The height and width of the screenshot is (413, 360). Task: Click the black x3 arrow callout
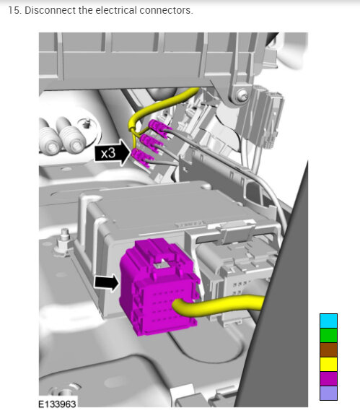(x=113, y=152)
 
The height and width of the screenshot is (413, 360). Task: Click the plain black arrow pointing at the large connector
(x=107, y=282)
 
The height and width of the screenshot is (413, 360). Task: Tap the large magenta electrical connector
(x=159, y=287)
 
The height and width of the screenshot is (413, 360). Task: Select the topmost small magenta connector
(x=159, y=128)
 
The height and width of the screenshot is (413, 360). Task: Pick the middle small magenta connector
(x=152, y=142)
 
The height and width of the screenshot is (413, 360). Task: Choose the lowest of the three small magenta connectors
(x=143, y=158)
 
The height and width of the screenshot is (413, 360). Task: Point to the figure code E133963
(x=57, y=404)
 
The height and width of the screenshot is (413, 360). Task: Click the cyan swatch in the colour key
(x=328, y=321)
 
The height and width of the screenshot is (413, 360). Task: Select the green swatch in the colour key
(x=328, y=335)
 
